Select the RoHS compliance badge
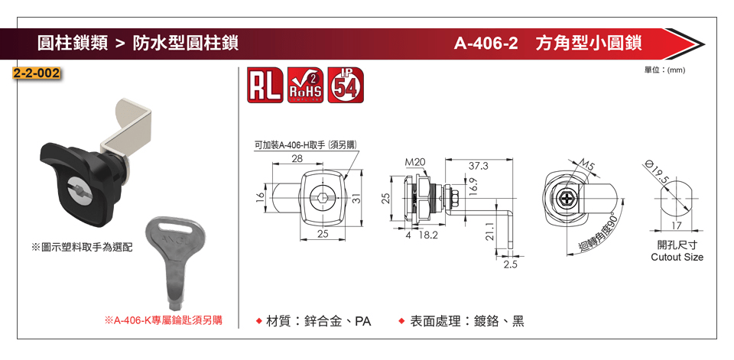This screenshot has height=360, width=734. click(x=304, y=86)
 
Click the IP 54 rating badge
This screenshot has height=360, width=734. click(x=346, y=86)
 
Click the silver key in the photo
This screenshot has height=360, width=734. click(x=176, y=260)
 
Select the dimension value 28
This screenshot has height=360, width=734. click(x=297, y=158)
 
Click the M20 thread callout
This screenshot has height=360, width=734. click(x=414, y=163)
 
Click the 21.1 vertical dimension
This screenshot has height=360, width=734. click(x=489, y=229)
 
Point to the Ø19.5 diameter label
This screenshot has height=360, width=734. click(x=656, y=171)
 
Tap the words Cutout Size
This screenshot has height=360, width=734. click(x=677, y=258)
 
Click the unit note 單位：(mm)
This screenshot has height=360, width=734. click(x=665, y=70)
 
